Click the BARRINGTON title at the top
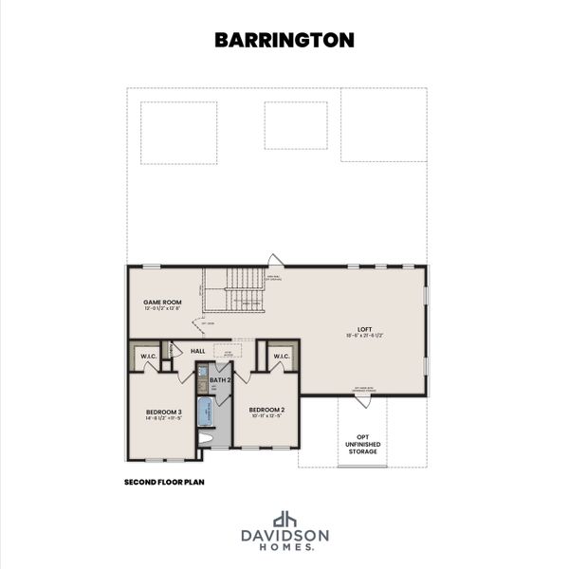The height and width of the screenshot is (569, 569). click(x=284, y=39)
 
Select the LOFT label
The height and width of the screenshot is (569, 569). click(x=364, y=329)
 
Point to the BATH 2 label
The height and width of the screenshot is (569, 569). click(x=220, y=379)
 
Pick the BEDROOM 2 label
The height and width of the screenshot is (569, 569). click(x=267, y=410)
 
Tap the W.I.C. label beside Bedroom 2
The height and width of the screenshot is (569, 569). click(x=282, y=358)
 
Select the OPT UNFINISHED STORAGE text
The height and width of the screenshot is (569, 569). click(x=362, y=444)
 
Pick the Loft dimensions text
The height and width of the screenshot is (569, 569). click(x=364, y=337)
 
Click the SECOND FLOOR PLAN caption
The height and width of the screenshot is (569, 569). click(x=164, y=482)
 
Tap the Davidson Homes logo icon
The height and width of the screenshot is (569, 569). click(x=284, y=520)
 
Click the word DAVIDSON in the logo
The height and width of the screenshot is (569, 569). click(x=284, y=536)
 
